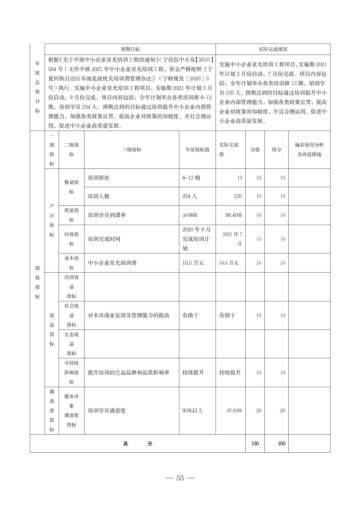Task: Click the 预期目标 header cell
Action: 130,49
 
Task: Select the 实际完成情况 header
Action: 273,49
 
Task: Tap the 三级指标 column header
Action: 131,150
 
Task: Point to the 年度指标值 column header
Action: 197,150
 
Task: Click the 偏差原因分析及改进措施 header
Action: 309,150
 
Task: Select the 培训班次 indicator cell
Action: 99,178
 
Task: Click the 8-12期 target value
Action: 191,178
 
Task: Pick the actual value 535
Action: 238,196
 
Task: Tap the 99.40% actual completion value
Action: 233,215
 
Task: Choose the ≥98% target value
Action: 190,215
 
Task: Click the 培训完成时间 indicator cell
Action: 104,239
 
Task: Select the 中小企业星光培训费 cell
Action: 112,263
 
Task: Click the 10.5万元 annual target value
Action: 193,263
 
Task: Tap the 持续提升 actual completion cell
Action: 230,372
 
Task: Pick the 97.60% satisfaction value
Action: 234,411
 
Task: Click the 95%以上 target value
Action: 192,411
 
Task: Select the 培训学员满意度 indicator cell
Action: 107,411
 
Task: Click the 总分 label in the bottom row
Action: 137,444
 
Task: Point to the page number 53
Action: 180,478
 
